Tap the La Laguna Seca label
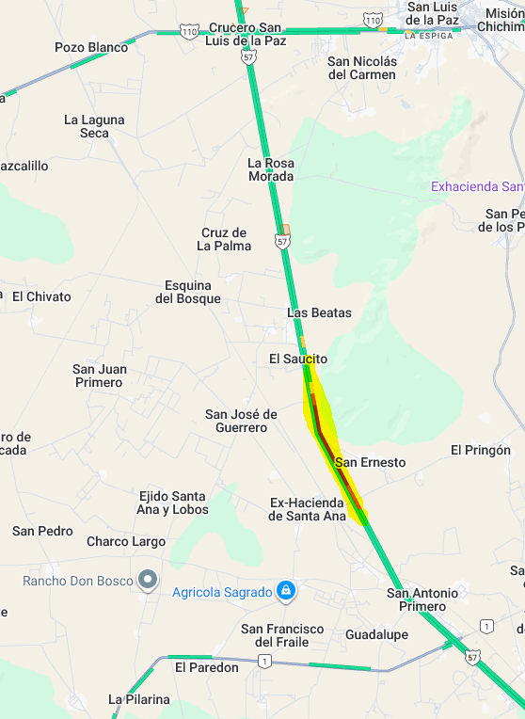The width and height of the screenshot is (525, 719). (x=87, y=126)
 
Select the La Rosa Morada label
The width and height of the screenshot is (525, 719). (x=271, y=169)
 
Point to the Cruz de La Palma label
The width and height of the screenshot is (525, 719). (x=224, y=239)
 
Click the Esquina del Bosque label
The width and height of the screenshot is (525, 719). (x=193, y=292)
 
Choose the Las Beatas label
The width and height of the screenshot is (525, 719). (x=319, y=312)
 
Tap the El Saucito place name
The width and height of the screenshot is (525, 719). (x=298, y=359)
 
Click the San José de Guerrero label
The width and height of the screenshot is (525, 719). (x=242, y=421)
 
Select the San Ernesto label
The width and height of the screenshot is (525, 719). (x=371, y=462)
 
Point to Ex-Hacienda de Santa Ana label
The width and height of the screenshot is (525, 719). (x=308, y=509)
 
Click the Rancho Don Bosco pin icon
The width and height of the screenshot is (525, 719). (x=147, y=580)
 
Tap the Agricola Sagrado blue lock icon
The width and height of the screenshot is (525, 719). (x=287, y=591)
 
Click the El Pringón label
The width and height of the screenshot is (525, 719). (x=481, y=450)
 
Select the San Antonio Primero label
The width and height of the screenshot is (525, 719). (x=422, y=599)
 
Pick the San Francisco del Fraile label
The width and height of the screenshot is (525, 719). (x=282, y=635)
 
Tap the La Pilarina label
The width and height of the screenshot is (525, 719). (x=139, y=699)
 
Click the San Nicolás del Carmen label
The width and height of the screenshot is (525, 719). (x=362, y=68)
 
